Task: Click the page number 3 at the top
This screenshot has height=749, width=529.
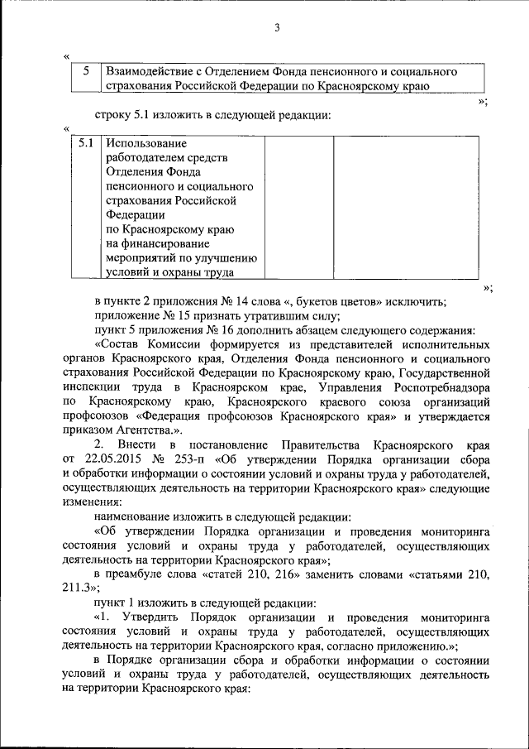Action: click(278, 29)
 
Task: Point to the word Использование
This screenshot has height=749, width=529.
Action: click(146, 143)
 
